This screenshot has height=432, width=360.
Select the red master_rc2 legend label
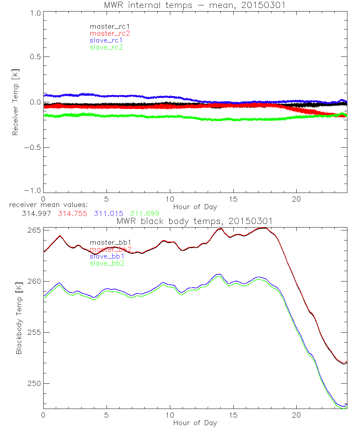pyautogui.click(x=109, y=33)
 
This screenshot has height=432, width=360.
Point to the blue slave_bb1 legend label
pyautogui.click(x=107, y=257)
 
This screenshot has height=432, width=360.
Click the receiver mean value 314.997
pyautogui.click(x=37, y=213)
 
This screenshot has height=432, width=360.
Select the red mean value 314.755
pyautogui.click(x=72, y=213)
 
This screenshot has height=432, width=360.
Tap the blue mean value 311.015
pyautogui.click(x=109, y=213)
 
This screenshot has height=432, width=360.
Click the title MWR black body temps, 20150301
pyautogui.click(x=194, y=221)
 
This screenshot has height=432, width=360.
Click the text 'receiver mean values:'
pyautogui.click(x=45, y=205)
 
